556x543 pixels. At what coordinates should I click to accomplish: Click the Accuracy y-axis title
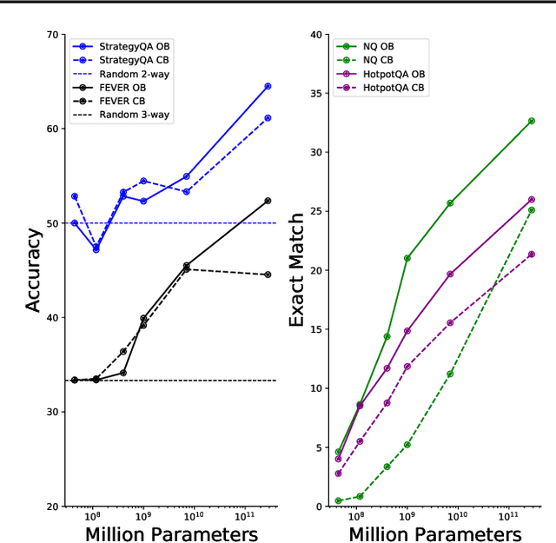coord(33,270)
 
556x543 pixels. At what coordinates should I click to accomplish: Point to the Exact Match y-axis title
coord(296,270)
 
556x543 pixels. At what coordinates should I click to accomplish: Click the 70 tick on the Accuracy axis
coord(55,35)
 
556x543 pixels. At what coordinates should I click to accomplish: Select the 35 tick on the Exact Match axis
coord(318,94)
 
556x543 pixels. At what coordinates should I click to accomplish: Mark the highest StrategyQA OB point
coord(268,86)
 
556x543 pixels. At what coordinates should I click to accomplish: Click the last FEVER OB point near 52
coord(268,201)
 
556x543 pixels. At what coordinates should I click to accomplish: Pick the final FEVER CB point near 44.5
coord(268,275)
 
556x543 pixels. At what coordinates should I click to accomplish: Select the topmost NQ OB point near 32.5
coord(532,121)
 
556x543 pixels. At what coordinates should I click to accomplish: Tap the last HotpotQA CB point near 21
coord(532,255)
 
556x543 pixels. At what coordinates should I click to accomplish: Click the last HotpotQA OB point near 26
coord(532,200)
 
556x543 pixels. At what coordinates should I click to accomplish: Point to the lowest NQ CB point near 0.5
coord(338,500)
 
